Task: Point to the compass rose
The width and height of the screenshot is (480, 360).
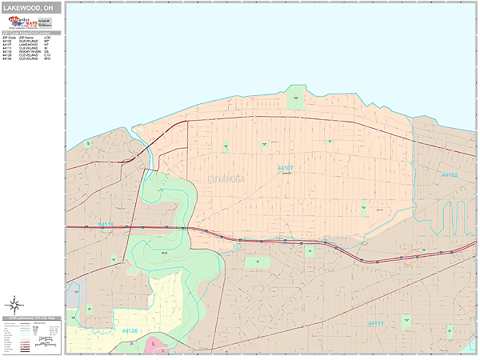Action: [x=14, y=304]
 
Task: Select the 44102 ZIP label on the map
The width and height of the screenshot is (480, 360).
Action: [x=450, y=174]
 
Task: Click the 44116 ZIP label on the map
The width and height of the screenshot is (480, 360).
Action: [x=106, y=224]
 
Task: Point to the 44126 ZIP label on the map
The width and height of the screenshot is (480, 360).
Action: [x=130, y=330]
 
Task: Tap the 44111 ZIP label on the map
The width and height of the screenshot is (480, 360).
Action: [x=375, y=323]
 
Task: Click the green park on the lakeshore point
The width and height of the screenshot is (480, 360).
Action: [x=296, y=97]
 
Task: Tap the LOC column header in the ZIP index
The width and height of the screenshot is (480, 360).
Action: [x=48, y=37]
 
